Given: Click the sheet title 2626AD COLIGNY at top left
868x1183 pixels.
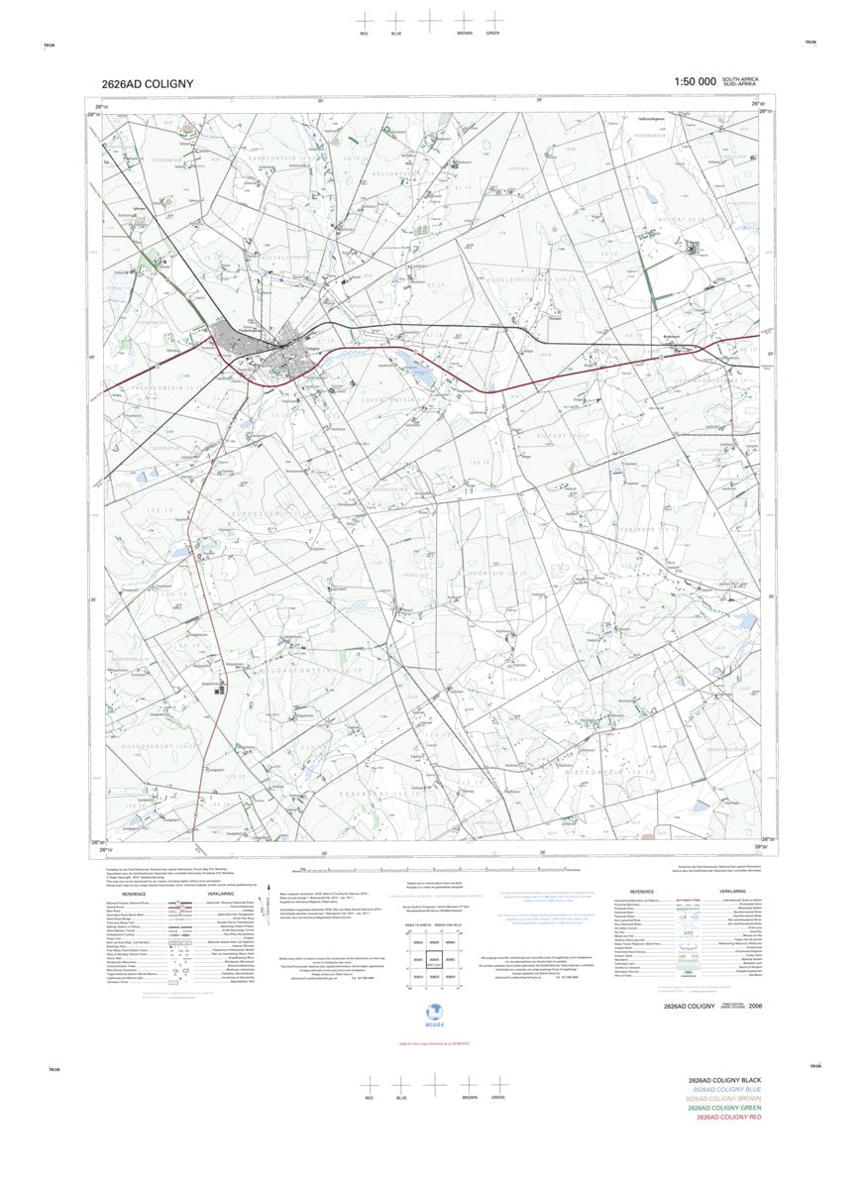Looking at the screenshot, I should point(147,84).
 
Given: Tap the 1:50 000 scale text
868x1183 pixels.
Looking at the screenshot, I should point(695,82).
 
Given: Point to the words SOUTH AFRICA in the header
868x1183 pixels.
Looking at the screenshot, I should point(741,78).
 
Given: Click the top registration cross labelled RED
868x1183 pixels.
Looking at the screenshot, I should point(365,20).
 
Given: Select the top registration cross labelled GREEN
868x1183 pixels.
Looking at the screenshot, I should point(492,20).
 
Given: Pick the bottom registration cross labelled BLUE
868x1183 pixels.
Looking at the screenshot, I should point(401,1084).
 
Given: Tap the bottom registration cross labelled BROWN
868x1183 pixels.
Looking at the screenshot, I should point(465,1084).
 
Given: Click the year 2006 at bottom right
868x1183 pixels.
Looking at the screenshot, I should point(756,1006).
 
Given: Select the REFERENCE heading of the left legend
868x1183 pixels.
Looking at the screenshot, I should point(134,893).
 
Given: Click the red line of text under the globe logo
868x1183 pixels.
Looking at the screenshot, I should point(433,1044).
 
